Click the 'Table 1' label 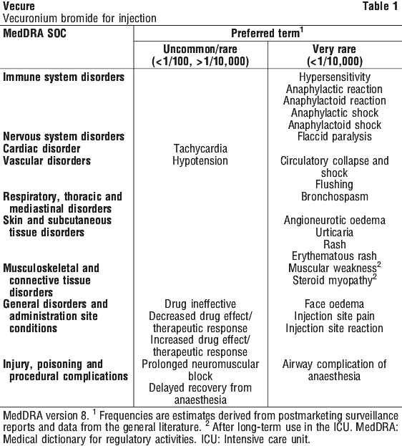381,6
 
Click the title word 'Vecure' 19,6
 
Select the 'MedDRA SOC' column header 34,34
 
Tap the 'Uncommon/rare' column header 200,49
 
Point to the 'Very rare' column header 334,49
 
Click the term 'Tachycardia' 200,149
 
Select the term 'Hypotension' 200,161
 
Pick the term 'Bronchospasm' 335,197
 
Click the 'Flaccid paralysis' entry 335,137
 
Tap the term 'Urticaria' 334,233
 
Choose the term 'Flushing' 334,185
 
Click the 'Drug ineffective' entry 200,304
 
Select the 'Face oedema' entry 334,304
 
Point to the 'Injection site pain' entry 334,316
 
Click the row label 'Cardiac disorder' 41,149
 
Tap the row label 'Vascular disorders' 47,161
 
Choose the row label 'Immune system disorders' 64,77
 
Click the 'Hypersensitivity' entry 335,77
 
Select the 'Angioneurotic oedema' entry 335,220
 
